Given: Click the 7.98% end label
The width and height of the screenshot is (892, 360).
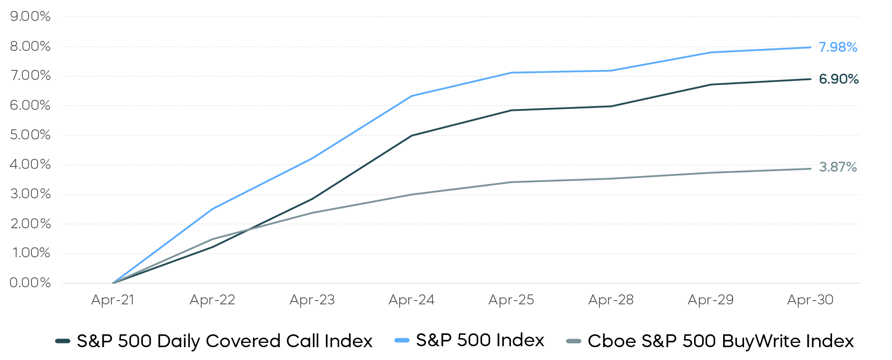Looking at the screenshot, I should (x=838, y=47).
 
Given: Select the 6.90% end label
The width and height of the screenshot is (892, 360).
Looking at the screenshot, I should (x=838, y=79).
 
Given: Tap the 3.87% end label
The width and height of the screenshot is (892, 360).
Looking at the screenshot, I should (x=838, y=167).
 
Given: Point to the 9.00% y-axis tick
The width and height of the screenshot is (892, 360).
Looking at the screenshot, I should (x=30, y=17).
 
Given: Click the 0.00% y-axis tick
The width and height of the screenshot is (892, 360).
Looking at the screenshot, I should (x=30, y=283).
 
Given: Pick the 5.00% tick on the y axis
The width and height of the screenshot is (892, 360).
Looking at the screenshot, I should (x=30, y=135).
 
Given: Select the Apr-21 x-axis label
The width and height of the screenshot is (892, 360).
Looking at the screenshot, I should (x=113, y=300).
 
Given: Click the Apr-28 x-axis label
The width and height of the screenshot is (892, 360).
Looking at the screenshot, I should (x=611, y=300).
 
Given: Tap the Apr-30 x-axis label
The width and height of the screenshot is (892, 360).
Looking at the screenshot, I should (x=810, y=300).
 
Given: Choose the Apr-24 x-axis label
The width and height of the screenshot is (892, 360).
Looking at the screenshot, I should (x=412, y=300).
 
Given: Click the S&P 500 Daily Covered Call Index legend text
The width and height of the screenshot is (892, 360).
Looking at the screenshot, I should (x=225, y=341).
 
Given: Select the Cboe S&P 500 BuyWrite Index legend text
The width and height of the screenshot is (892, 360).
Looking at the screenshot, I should (x=721, y=341).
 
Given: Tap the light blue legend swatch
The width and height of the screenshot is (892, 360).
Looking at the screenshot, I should (x=402, y=341).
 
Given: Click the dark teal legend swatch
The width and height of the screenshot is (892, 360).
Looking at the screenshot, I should (x=63, y=341).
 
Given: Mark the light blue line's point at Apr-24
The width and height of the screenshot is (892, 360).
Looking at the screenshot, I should (x=412, y=96).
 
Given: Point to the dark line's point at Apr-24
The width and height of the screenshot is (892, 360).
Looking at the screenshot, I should (x=412, y=136).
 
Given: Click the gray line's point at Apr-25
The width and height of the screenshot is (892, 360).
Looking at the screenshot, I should (x=511, y=182).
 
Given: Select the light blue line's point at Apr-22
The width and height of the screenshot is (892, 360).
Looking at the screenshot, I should (x=212, y=209).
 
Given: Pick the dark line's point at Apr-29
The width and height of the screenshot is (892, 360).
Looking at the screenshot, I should (x=711, y=85).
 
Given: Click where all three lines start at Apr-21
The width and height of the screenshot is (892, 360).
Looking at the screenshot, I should (x=113, y=283).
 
